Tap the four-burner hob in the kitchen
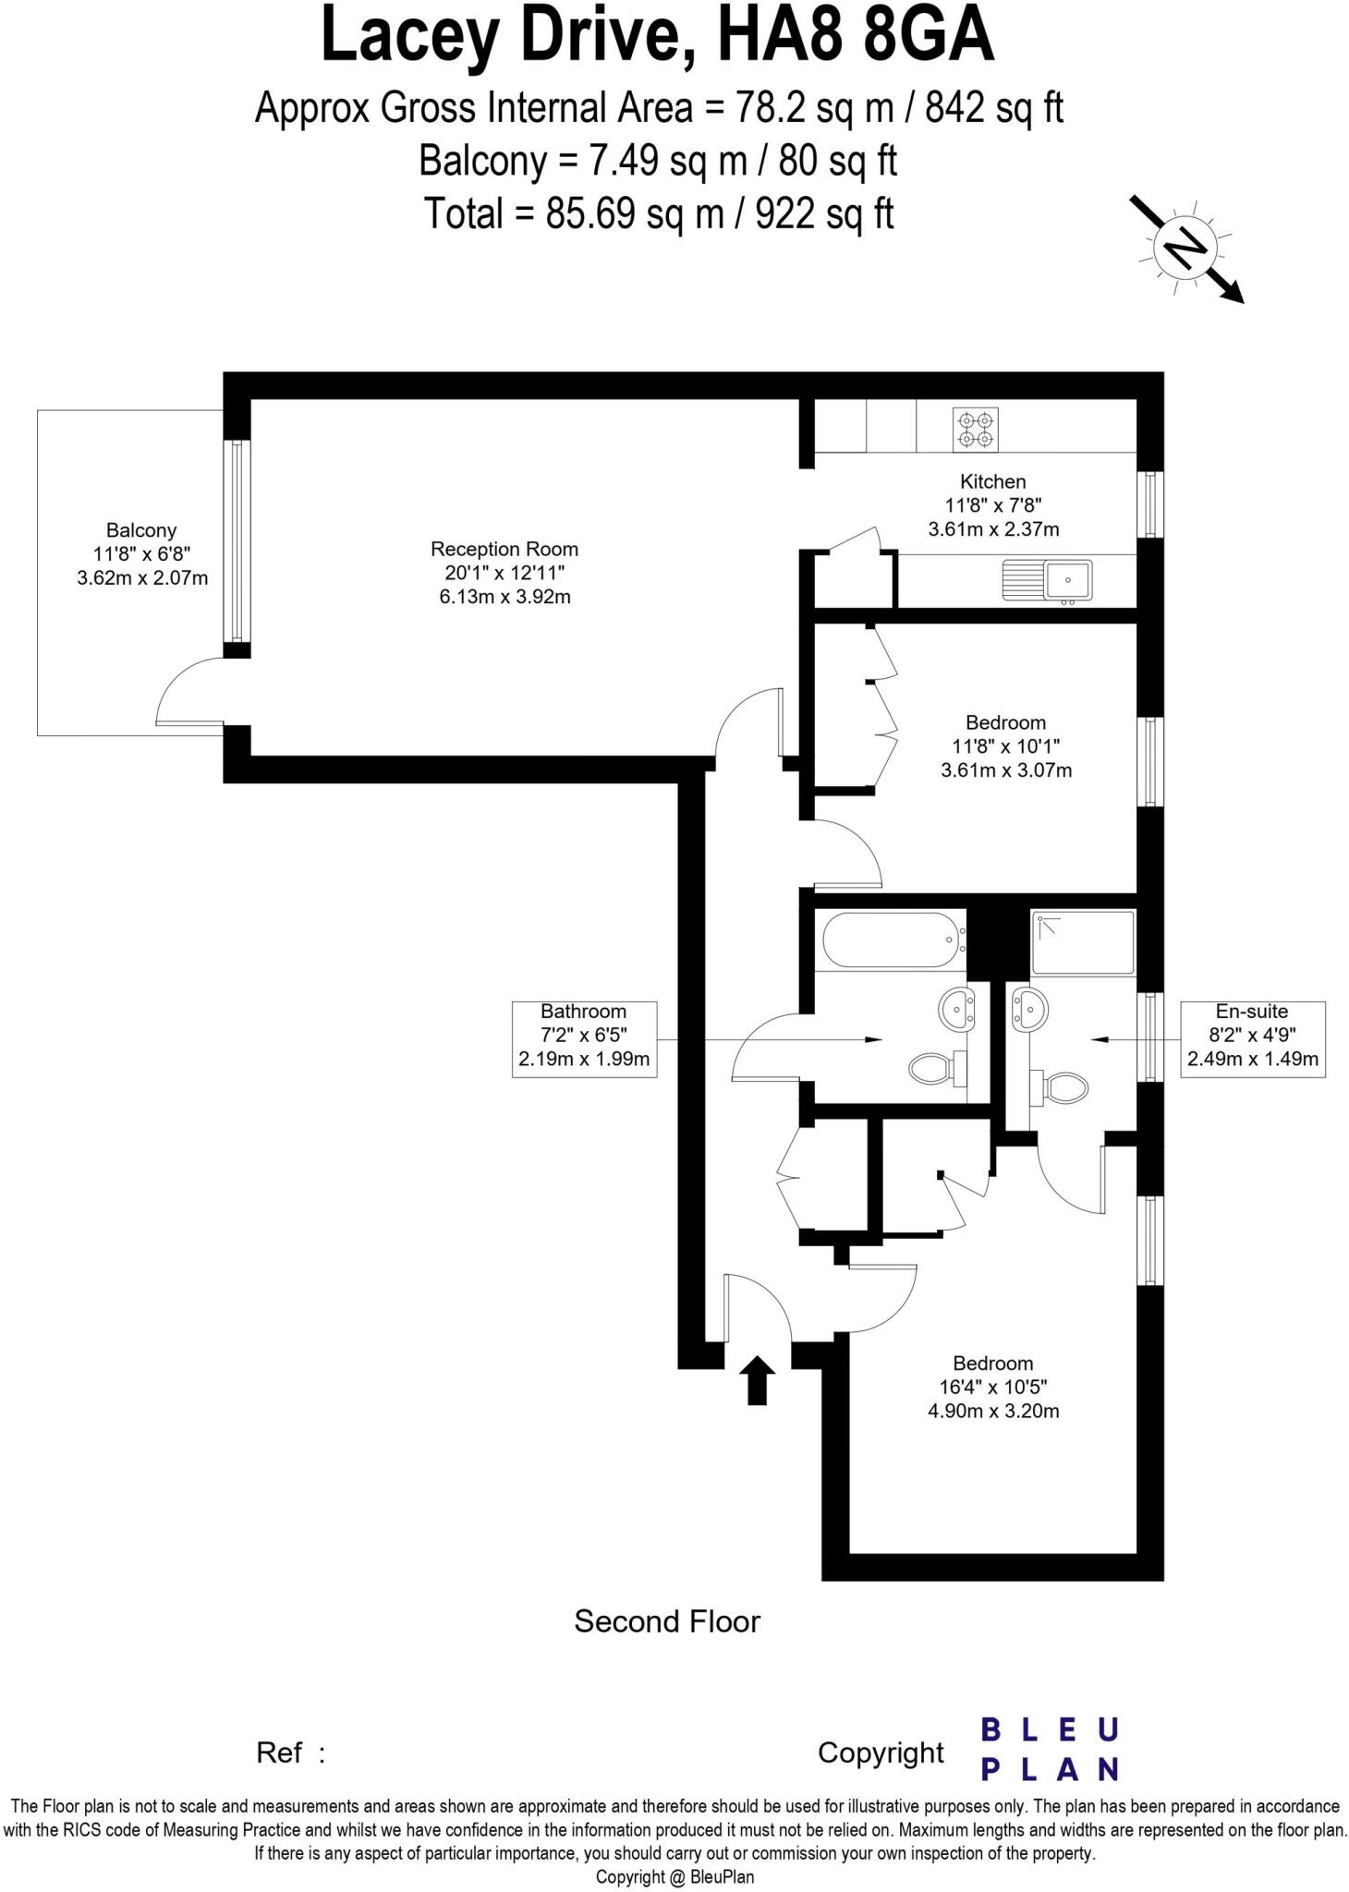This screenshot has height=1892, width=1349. (x=976, y=430)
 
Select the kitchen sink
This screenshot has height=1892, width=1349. (x=1048, y=580)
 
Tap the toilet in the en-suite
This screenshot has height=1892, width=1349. (x=1062, y=1086)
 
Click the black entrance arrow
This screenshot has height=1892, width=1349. (x=758, y=1380)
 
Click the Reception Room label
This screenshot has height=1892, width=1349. (x=504, y=550)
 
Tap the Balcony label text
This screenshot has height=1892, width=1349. (x=141, y=530)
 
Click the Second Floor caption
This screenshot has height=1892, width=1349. (x=667, y=1621)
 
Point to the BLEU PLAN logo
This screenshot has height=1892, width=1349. (x=1050, y=1748)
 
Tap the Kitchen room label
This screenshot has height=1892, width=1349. (x=993, y=481)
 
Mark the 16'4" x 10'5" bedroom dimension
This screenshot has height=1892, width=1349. (x=993, y=1387)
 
